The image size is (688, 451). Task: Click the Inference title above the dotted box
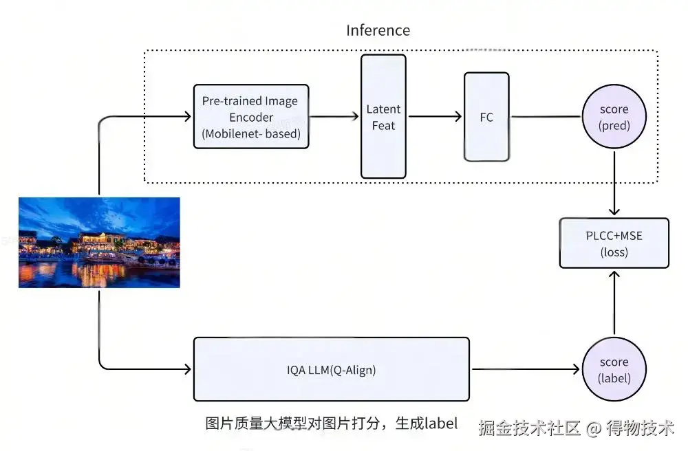tap(378, 30)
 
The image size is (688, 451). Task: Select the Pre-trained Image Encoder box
tap(251, 116)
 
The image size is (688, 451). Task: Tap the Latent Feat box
tap(383, 117)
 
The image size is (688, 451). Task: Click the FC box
tap(486, 117)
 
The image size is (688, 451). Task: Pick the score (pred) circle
tap(614, 117)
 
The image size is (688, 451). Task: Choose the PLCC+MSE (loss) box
tap(614, 243)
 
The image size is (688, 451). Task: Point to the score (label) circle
tap(614, 369)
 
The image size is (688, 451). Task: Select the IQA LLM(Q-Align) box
tap(331, 369)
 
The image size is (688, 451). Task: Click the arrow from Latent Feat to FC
tap(435, 117)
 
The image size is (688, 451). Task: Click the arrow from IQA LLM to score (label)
tap(526, 369)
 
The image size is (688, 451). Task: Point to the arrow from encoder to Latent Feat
tap(335, 117)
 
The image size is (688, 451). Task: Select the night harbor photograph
tap(99, 242)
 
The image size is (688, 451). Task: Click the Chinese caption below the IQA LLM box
tap(331, 423)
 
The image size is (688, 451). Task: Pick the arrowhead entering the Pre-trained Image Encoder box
tap(187, 117)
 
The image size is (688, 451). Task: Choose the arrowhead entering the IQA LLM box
tap(187, 369)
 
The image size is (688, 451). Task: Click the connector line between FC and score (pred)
tap(546, 117)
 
